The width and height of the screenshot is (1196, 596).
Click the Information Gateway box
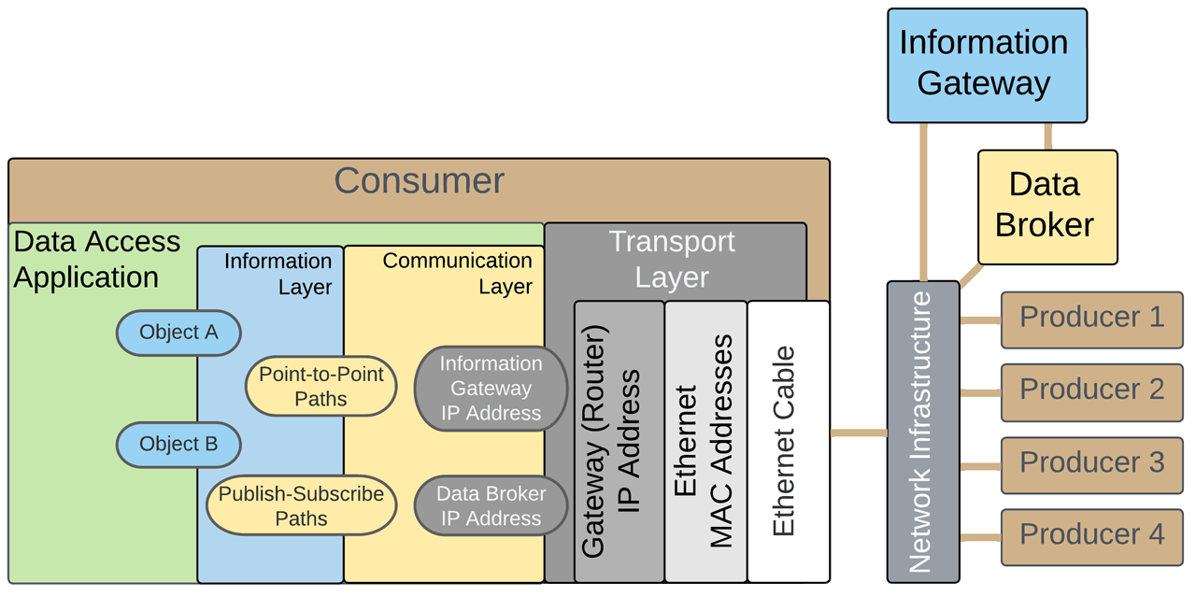(987, 65)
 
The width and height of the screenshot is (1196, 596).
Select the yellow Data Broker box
(1046, 206)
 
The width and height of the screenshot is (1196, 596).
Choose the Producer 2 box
(1091, 391)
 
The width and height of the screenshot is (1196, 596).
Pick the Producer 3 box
(1091, 464)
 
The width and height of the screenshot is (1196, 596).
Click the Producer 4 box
(1091, 536)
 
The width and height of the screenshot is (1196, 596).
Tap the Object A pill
(178, 333)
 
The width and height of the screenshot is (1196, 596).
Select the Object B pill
(178, 445)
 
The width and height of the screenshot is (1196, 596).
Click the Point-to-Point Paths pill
(320, 387)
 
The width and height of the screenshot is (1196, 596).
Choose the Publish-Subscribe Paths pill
(301, 506)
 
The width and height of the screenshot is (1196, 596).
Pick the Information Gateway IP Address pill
(491, 389)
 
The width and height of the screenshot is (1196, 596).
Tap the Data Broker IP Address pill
(491, 505)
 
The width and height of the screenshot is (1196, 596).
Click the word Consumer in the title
(419, 181)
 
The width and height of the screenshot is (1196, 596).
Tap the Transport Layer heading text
(672, 259)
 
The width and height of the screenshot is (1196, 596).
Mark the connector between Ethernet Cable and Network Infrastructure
(858, 433)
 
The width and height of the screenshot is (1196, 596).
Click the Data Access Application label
(96, 260)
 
